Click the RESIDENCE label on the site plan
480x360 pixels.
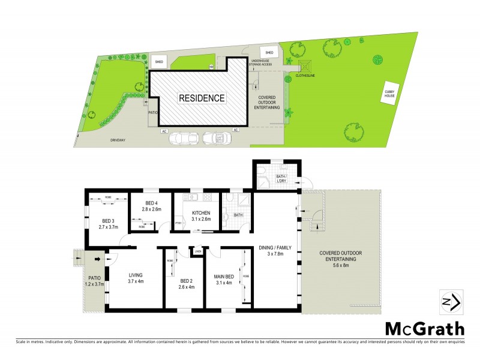point(201,98)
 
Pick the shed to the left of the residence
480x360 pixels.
point(159,62)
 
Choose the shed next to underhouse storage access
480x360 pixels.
point(269,52)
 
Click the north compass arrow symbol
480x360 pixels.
point(451,302)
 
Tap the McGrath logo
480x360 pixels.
point(424,329)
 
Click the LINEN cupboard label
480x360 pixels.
point(196,251)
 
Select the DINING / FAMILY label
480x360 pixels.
point(277,248)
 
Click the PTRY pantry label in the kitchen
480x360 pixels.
point(178,224)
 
